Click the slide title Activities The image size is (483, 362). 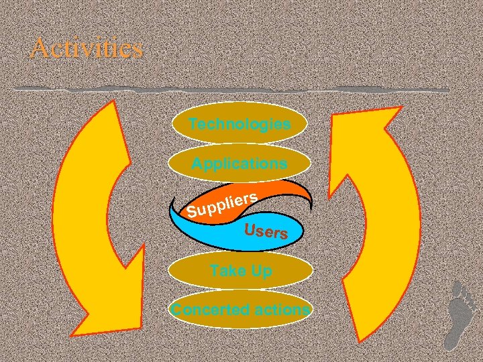87,48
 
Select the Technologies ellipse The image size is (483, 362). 240,124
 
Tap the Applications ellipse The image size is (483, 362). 240,163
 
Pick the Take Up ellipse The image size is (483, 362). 240,271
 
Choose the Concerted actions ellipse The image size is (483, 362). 240,310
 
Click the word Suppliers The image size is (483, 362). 222,206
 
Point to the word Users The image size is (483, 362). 266,232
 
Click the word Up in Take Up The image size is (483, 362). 261,271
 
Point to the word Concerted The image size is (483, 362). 202,310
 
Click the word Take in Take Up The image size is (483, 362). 226,271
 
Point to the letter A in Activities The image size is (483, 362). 40,48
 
